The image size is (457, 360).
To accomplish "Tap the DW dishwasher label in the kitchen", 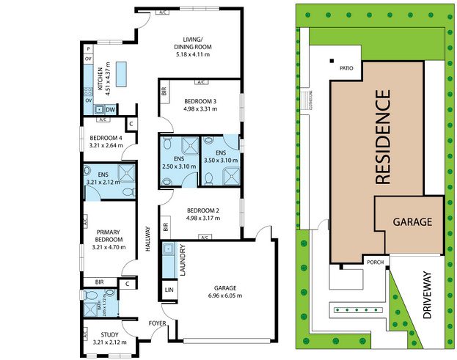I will [x=110, y=109].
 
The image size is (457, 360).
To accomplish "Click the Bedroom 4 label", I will [x=106, y=138].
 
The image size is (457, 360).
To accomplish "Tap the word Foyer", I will [x=158, y=323].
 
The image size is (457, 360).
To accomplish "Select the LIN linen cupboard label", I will [x=169, y=290].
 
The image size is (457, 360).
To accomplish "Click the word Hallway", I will [x=148, y=238].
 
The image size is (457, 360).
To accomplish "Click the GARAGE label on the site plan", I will [x=412, y=221].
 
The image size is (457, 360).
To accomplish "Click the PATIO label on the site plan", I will [x=347, y=68].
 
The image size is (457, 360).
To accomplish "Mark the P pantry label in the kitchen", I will [x=88, y=48].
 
